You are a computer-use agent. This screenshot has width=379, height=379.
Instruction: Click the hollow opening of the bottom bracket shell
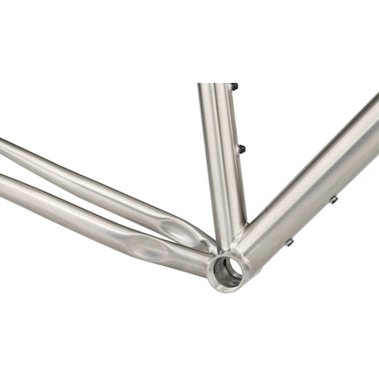(227, 270)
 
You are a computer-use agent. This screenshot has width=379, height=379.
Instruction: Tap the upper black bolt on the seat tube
(234, 87)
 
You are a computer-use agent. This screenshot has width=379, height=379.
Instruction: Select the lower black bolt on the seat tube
(241, 149)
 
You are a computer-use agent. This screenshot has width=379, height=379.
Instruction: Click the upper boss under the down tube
(333, 199)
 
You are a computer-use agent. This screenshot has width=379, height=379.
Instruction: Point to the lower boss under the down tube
(290, 242)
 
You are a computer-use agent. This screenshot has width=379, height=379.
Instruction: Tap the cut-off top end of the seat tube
(216, 87)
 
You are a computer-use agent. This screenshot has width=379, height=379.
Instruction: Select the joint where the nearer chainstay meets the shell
(202, 263)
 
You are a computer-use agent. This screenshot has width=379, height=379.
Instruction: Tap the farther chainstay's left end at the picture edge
(3, 146)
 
